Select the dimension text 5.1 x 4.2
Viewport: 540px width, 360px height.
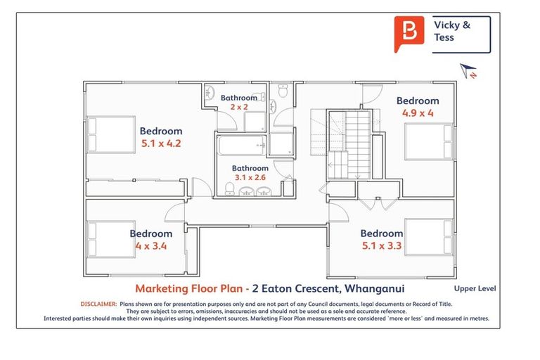160,143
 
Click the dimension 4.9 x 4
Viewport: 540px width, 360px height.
417,112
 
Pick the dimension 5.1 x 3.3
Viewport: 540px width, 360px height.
381,246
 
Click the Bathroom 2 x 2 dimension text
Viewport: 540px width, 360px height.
239,107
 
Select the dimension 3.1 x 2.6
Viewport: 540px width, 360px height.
250,178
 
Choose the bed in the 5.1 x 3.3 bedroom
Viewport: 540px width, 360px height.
430,237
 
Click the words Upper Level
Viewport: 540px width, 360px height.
475,288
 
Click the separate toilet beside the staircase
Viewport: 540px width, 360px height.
283,92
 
